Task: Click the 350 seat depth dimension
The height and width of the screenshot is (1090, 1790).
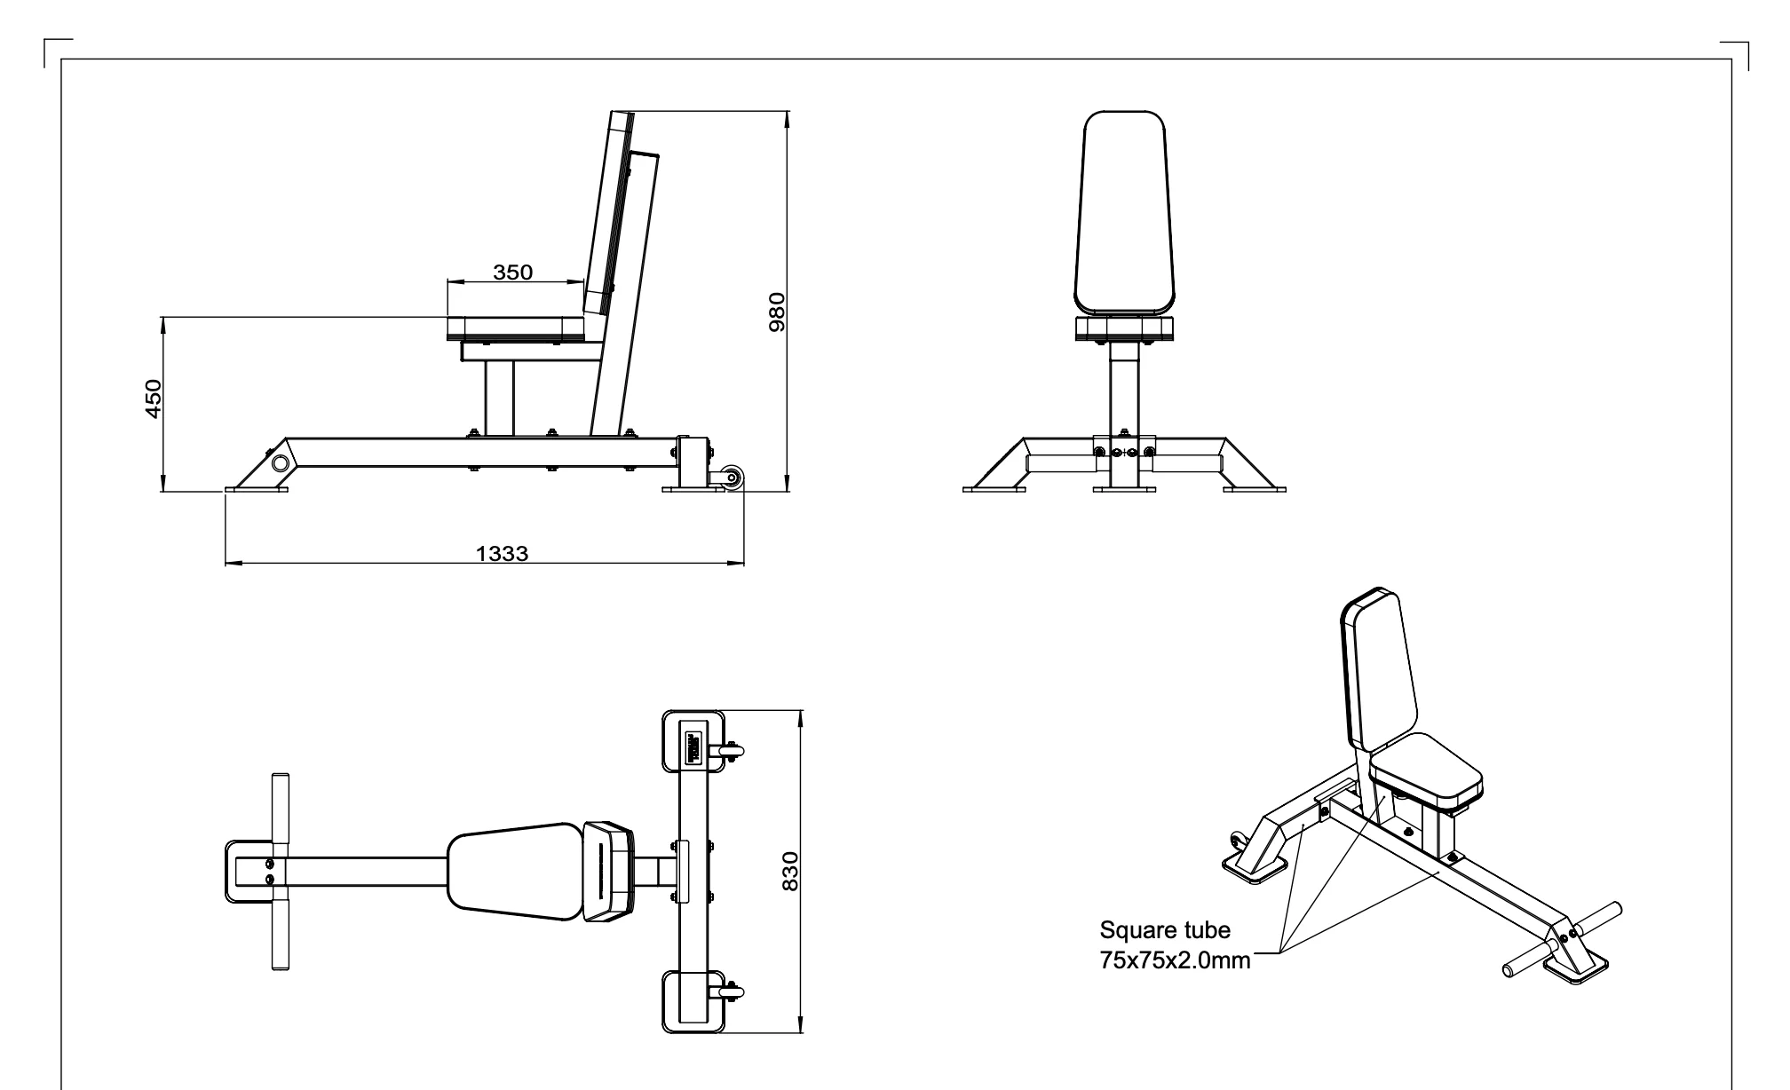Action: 513,272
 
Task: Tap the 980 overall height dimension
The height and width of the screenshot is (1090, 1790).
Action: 777,311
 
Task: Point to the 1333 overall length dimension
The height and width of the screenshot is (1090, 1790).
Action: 502,554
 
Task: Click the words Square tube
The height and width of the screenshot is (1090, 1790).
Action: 1165,931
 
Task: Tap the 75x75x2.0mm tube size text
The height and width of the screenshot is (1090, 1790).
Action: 1175,960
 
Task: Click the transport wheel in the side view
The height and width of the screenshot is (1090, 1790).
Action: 733,479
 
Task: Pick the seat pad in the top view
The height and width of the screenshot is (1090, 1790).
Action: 515,871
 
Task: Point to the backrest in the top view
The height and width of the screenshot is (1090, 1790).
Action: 610,871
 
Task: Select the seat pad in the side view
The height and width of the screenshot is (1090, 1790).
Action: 515,328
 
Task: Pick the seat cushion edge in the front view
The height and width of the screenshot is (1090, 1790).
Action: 1124,330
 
